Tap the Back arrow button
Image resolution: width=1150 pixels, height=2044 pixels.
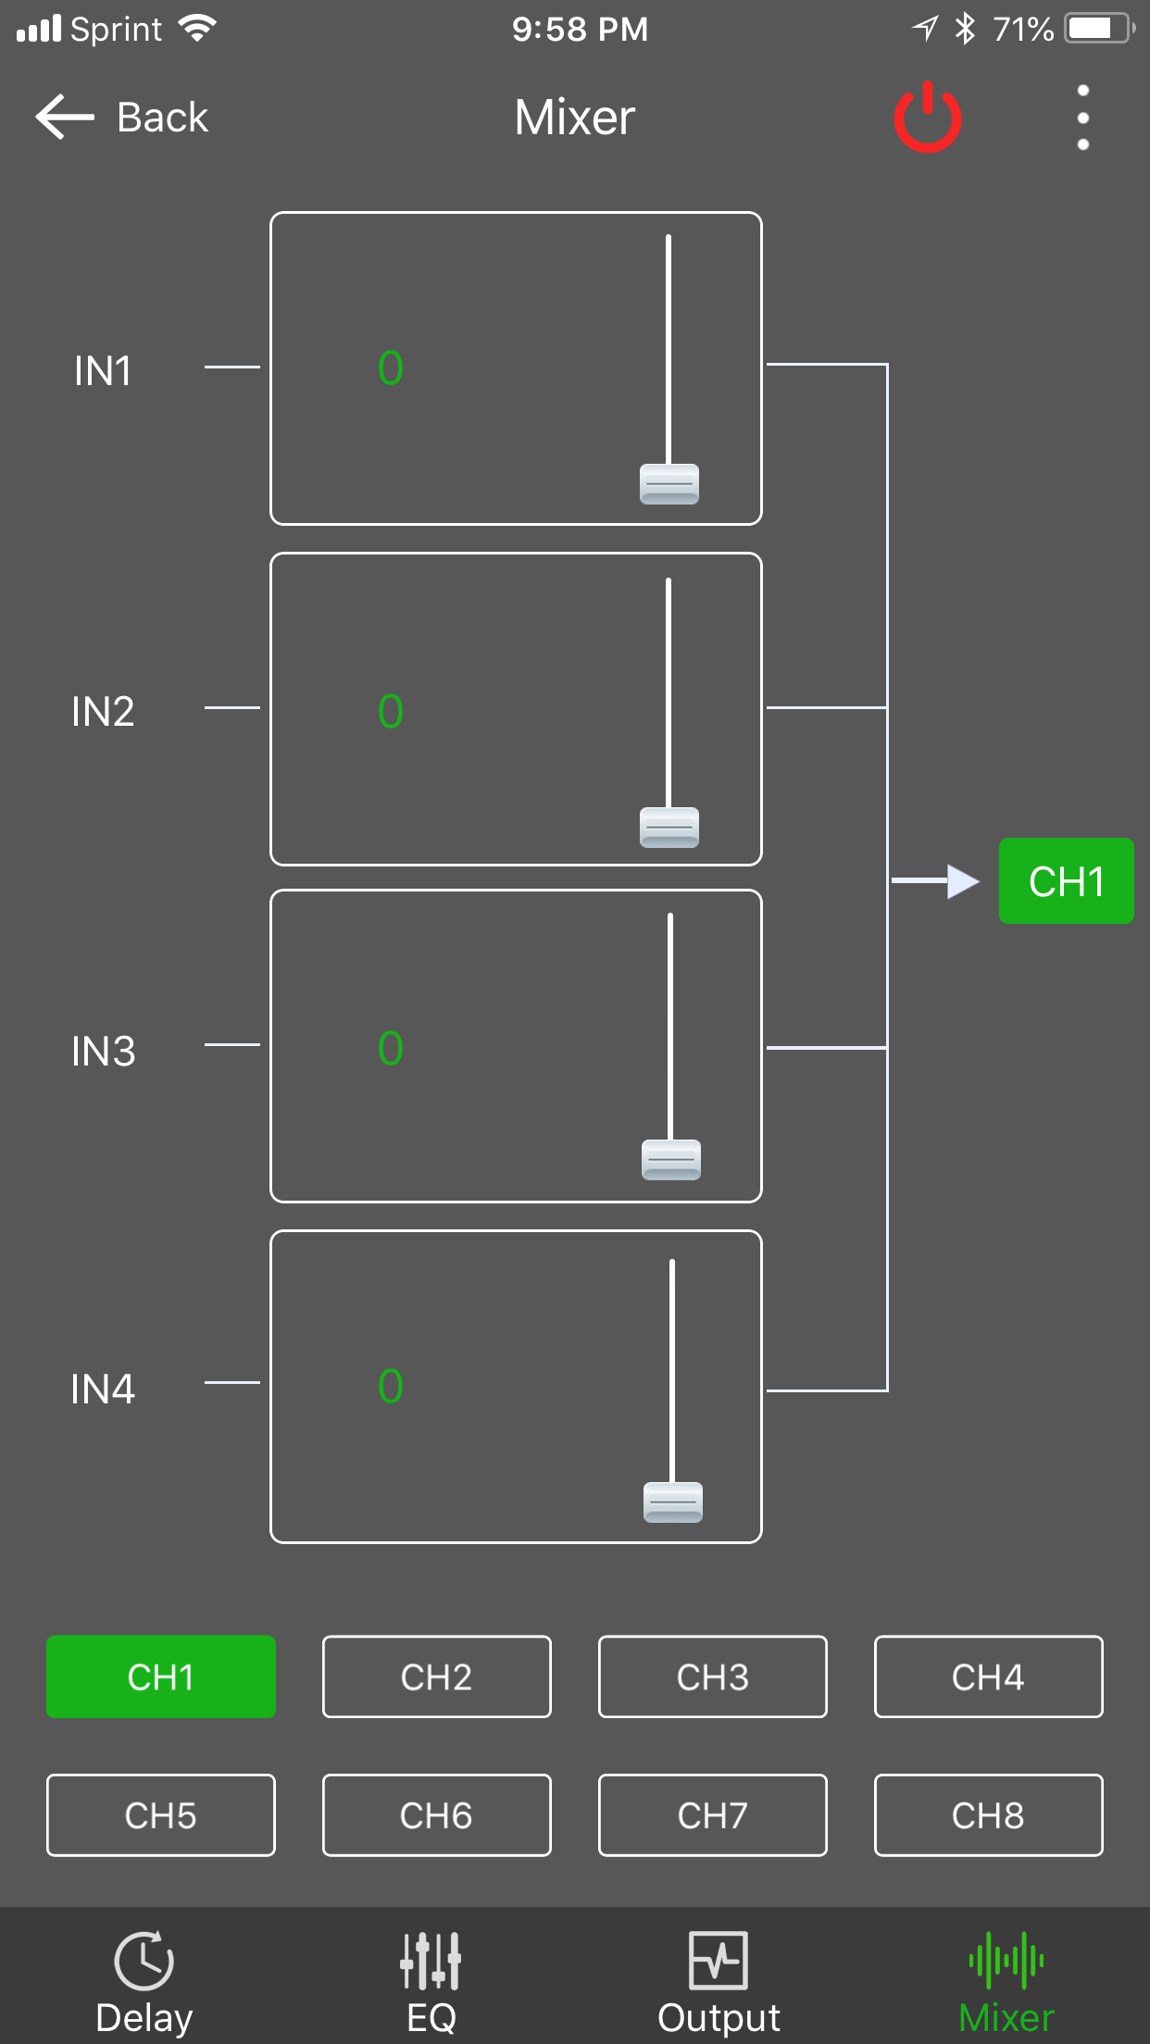(x=65, y=118)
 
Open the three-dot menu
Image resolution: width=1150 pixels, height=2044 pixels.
(x=1082, y=118)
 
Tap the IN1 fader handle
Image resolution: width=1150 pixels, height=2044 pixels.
(x=669, y=484)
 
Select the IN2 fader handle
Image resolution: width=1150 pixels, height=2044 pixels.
(x=669, y=828)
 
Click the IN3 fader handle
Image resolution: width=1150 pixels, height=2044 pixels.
(x=670, y=1160)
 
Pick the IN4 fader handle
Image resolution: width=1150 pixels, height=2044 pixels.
(x=672, y=1502)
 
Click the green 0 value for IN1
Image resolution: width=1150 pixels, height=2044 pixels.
(x=391, y=368)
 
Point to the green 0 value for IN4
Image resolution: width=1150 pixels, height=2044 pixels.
(x=391, y=1386)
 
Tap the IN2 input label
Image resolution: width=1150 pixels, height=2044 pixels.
(x=103, y=711)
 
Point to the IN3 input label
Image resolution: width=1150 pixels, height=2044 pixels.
(x=103, y=1051)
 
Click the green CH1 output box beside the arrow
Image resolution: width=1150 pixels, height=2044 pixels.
(x=1066, y=881)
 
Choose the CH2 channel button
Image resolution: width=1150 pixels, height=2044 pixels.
(x=436, y=1676)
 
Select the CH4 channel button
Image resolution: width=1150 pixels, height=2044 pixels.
(x=988, y=1676)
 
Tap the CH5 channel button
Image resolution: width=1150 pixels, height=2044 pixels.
(x=161, y=1814)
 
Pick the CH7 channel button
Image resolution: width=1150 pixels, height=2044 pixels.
(x=712, y=1814)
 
